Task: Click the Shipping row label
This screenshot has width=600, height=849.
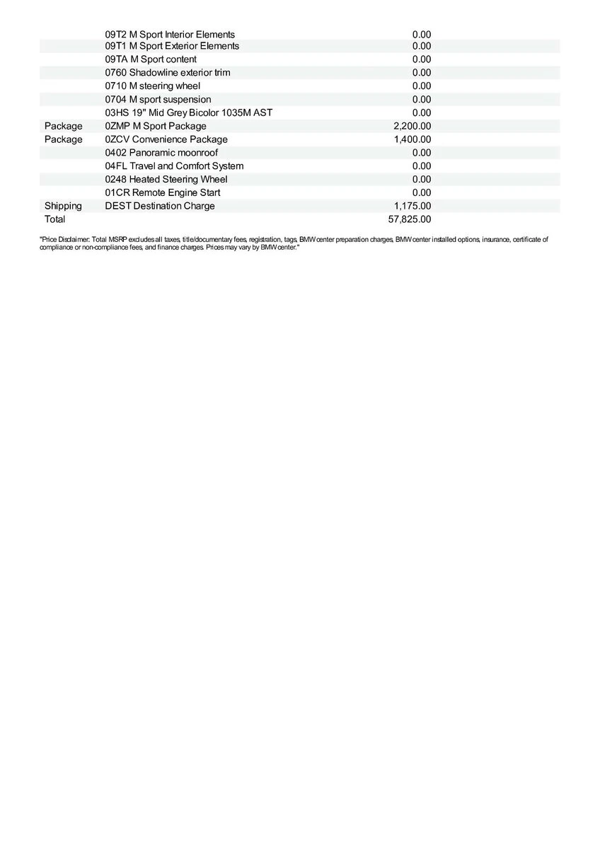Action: pyautogui.click(x=63, y=206)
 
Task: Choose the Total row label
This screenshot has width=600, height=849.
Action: pyautogui.click(x=54, y=219)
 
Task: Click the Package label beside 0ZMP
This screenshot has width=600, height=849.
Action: pyautogui.click(x=63, y=126)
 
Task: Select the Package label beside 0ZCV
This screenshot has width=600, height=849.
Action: pyautogui.click(x=63, y=139)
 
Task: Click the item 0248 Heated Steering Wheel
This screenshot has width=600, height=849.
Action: pyautogui.click(x=166, y=180)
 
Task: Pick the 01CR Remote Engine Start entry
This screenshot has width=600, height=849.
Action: pyautogui.click(x=162, y=192)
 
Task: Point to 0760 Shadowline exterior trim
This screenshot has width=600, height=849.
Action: pyautogui.click(x=167, y=73)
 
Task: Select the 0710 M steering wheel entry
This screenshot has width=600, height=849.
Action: pyautogui.click(x=152, y=86)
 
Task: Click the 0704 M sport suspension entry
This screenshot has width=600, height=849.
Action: pyautogui.click(x=158, y=100)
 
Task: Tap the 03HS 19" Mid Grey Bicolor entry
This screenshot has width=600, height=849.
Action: pyautogui.click(x=188, y=112)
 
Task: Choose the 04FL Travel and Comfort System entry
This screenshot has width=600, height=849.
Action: pyautogui.click(x=174, y=166)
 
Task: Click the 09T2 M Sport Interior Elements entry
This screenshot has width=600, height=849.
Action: pyautogui.click(x=170, y=35)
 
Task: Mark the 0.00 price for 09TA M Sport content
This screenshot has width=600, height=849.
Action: pyautogui.click(x=421, y=59)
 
